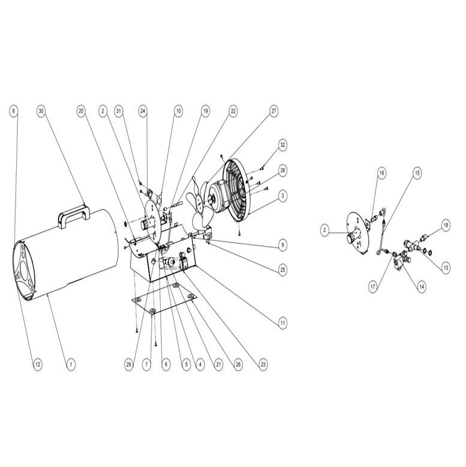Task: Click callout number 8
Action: coord(13,111)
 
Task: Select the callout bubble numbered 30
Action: coord(41,111)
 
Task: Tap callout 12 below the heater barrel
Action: coord(38,364)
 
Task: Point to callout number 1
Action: coord(71,364)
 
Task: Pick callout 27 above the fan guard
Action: coord(273,111)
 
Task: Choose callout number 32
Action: coord(282,145)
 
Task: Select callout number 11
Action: coord(282,323)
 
